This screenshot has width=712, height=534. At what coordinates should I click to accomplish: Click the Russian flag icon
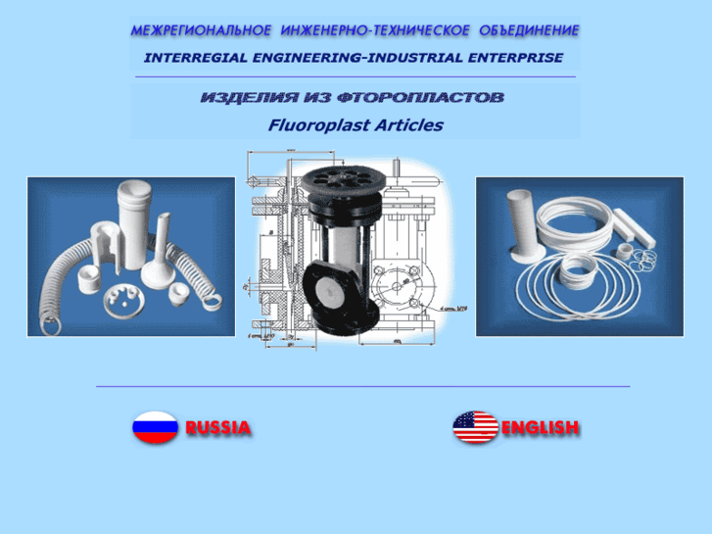point(155,427)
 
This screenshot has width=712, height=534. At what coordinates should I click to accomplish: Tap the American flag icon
point(475,427)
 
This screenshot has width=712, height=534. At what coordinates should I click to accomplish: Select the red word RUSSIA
point(218,427)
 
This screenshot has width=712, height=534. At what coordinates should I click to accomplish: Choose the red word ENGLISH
point(541,427)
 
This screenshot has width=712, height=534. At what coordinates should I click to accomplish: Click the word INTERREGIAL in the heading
point(196,58)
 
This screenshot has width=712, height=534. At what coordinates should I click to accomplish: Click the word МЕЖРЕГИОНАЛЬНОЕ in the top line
point(201,30)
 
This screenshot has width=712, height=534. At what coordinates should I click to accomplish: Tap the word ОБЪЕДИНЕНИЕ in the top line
point(529,30)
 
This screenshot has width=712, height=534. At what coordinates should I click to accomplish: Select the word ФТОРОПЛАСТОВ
point(421,97)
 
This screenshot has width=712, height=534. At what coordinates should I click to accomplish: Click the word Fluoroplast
point(309,125)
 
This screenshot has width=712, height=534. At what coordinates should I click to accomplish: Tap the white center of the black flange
point(328,291)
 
